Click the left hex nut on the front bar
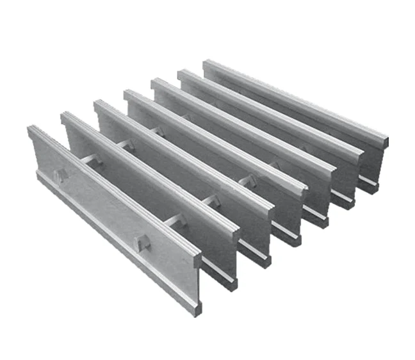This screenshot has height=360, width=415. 60,175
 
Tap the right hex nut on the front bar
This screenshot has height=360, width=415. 143,243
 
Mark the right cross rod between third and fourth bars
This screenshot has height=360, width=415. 245,182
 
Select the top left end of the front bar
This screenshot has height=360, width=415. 31,129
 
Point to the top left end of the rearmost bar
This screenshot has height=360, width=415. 206,63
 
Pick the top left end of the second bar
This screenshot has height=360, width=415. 65,115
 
